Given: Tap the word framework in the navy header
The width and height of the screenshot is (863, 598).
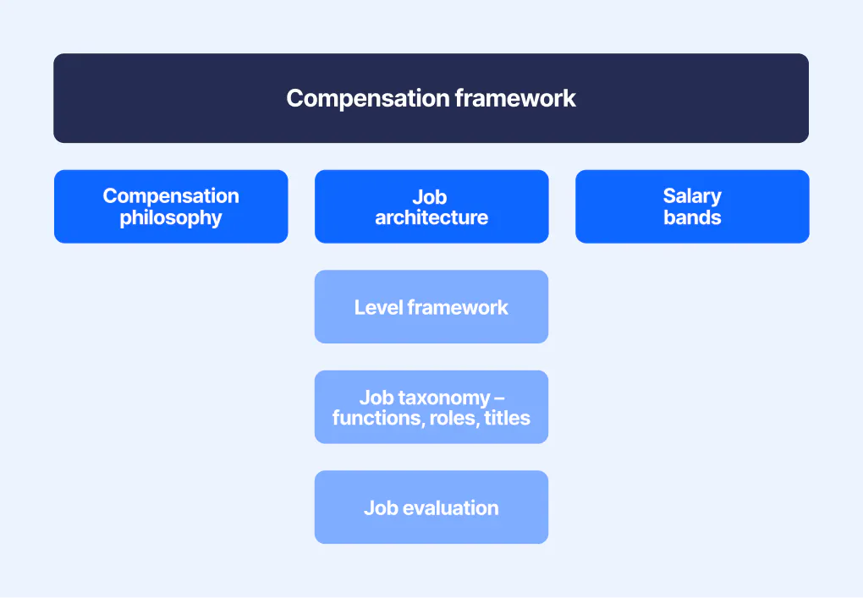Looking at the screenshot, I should click(515, 98).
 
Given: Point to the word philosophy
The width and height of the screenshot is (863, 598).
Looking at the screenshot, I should click(171, 218).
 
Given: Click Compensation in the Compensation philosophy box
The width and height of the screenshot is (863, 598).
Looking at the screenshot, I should click(171, 196).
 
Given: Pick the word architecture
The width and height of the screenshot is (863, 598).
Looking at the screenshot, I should click(431, 218).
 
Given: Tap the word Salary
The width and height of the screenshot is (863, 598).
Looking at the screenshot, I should click(692, 196).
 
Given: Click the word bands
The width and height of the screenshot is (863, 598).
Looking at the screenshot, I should click(692, 218).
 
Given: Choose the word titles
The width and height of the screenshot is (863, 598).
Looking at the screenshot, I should click(508, 418).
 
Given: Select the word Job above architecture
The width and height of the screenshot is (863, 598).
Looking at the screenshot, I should click(431, 197).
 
